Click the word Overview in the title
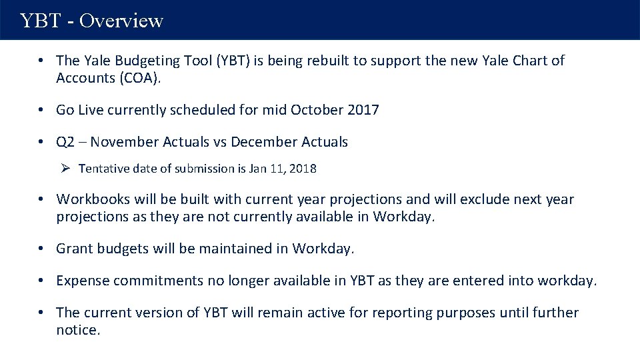(121, 21)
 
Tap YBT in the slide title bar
(42, 21)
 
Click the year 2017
(363, 110)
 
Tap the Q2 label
(65, 142)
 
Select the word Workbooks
(89, 199)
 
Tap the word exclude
(464, 199)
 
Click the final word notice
(78, 330)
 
